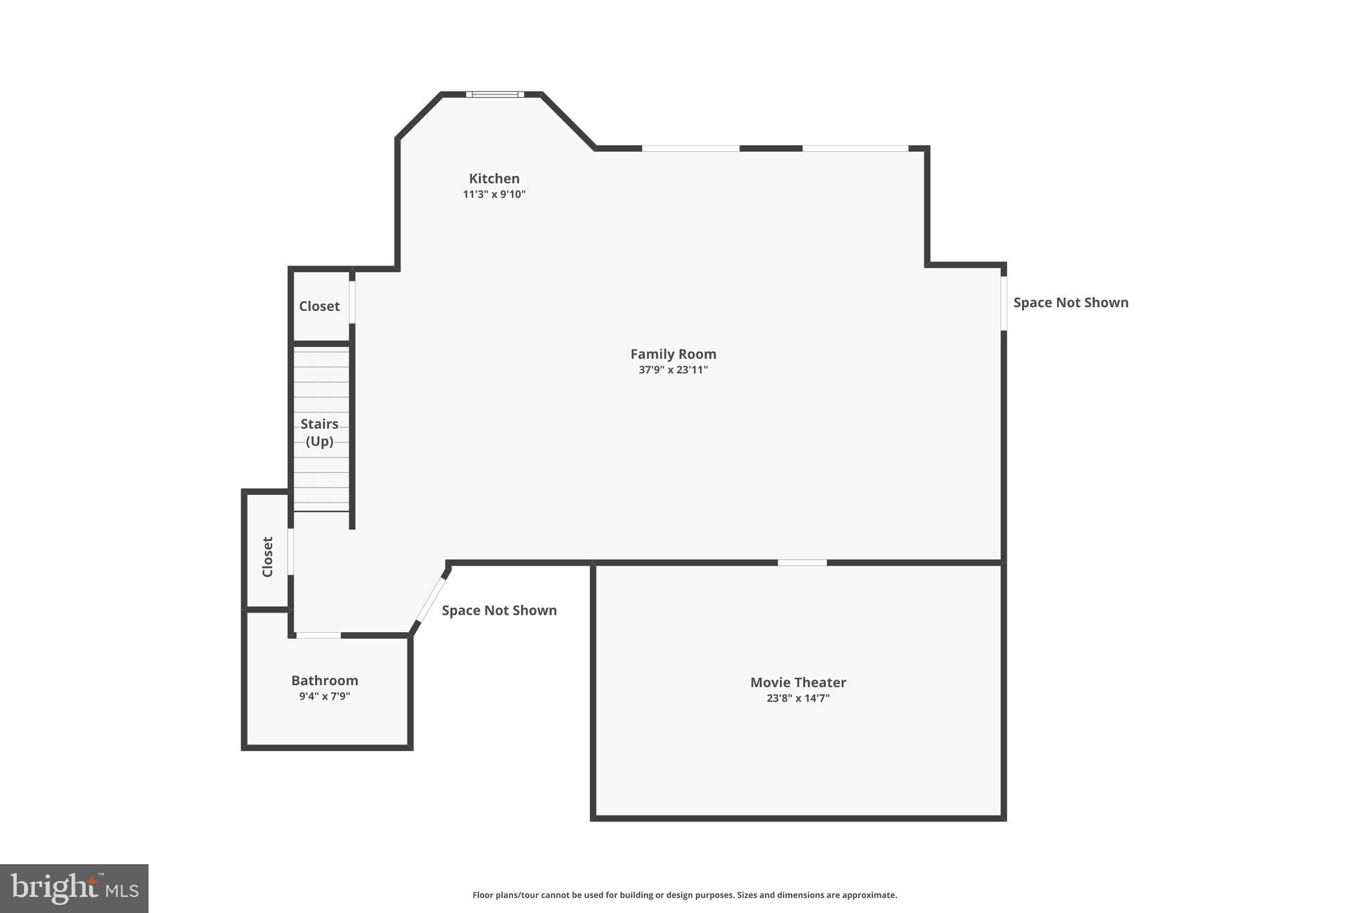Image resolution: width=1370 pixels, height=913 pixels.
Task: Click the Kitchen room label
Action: tap(494, 179)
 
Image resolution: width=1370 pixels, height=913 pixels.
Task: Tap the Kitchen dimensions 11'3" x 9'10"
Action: tap(494, 195)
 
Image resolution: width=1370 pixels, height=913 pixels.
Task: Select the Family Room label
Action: tap(673, 354)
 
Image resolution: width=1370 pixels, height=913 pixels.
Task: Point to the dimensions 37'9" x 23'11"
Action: tap(673, 370)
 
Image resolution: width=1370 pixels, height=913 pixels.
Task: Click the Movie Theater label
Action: tap(798, 682)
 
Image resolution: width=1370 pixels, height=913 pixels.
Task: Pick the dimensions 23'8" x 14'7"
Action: tap(798, 698)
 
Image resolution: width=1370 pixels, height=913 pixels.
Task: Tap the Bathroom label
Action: tap(324, 680)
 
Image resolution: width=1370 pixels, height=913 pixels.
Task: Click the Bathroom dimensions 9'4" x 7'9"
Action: tap(324, 696)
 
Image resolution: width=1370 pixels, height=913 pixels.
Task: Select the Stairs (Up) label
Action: tap(319, 432)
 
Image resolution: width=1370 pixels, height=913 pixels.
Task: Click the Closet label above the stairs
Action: tap(319, 306)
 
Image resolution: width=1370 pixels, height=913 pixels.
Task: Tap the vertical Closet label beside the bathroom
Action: tap(268, 556)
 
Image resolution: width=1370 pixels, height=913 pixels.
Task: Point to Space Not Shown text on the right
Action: tap(1070, 302)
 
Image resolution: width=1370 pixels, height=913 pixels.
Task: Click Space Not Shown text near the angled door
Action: tap(499, 610)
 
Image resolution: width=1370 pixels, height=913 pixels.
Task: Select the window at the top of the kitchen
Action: tap(495, 94)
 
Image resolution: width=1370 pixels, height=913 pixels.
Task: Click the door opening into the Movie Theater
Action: tap(802, 563)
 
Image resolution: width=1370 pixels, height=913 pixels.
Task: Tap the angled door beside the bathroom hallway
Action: tap(431, 599)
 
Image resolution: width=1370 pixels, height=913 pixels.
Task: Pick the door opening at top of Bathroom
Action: tap(318, 635)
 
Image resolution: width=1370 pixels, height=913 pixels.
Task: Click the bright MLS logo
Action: tap(74, 888)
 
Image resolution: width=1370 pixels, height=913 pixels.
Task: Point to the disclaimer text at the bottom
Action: tap(684, 895)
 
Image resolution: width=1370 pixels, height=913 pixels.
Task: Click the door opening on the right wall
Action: tap(1003, 303)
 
